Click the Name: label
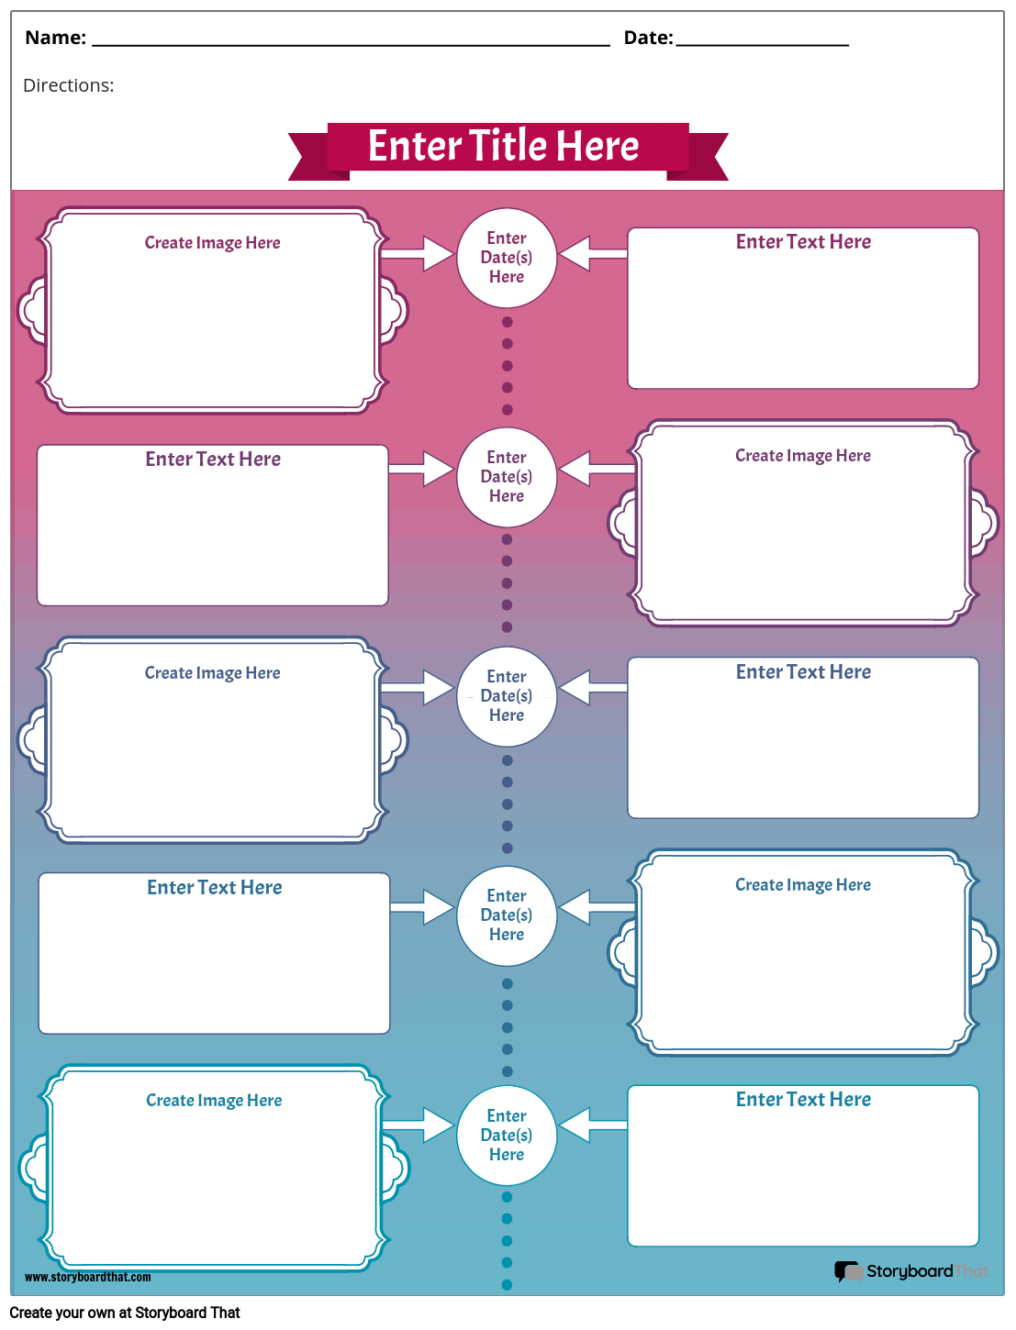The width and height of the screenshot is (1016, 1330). point(55,38)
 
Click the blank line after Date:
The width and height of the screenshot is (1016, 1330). point(762,41)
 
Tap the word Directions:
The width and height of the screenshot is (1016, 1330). point(69,85)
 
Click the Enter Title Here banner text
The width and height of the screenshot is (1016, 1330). point(503,146)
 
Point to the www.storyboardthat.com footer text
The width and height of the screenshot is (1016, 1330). point(88,1277)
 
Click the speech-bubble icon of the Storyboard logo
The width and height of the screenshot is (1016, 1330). point(847,1271)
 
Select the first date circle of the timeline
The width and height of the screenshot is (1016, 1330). point(507,258)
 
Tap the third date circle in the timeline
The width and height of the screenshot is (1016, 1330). point(507,696)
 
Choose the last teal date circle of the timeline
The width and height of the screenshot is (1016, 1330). point(507,1136)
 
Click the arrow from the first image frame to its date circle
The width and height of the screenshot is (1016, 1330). point(418,253)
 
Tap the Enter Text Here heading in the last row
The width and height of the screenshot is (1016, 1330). point(803,1100)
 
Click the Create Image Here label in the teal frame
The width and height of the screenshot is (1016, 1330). point(214,1101)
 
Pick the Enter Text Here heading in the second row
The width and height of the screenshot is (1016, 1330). point(213,460)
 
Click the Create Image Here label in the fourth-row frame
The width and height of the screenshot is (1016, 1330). point(803,885)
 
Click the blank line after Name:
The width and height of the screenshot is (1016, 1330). point(351,41)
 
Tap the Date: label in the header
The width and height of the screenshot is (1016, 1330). point(648,38)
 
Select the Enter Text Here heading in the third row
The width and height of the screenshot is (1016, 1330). point(803,672)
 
